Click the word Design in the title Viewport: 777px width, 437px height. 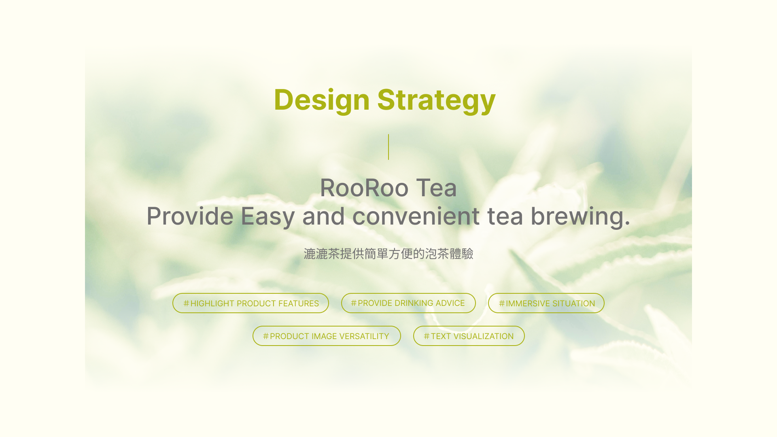click(322, 100)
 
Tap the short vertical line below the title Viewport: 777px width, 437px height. click(388, 147)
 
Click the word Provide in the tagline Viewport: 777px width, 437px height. click(190, 216)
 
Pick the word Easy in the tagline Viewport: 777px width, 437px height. click(267, 216)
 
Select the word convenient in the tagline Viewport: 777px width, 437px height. click(416, 216)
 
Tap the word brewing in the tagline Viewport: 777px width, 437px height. click(580, 216)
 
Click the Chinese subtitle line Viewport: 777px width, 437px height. click(388, 254)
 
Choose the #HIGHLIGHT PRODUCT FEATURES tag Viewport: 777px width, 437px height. click(251, 303)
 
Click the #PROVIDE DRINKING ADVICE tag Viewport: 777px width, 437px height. click(408, 303)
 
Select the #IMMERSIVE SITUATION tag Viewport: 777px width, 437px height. click(546, 303)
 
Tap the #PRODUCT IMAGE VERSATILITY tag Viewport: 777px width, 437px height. click(327, 336)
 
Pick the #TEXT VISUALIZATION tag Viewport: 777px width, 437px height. click(469, 336)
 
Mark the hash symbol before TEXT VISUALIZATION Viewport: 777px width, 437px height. click(427, 336)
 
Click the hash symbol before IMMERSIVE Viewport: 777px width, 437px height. click(502, 303)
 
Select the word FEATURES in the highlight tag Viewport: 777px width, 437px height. click(299, 303)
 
